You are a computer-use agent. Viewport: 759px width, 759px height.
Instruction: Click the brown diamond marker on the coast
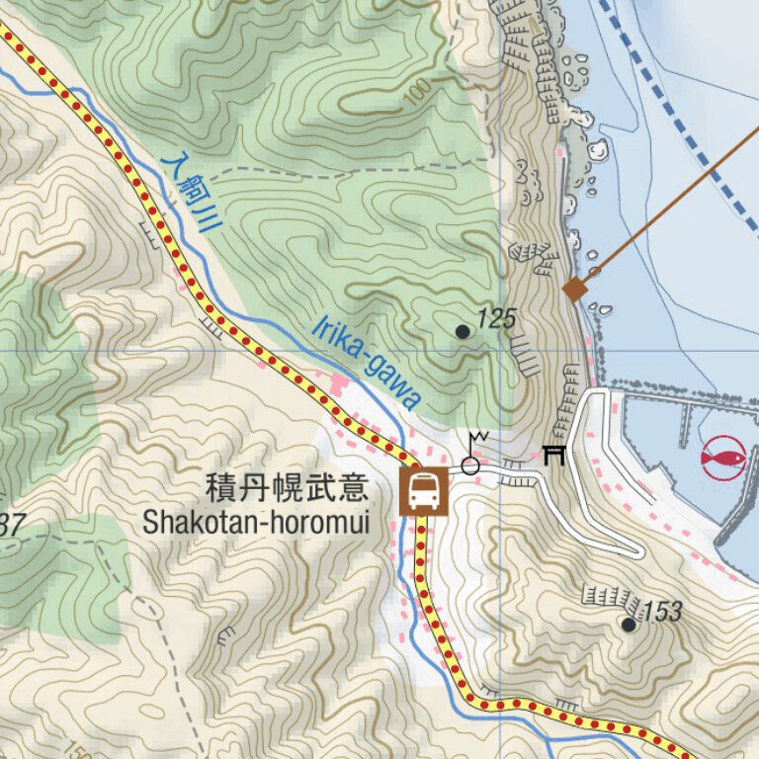point(575,289)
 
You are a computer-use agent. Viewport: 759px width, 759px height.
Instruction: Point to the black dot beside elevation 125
point(463,331)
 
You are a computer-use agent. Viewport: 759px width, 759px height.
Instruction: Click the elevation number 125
point(497,318)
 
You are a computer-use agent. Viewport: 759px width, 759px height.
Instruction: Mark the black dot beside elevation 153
point(629,624)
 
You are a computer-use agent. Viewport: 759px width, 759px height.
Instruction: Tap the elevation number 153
point(662,612)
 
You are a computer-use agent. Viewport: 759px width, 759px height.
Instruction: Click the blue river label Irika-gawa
point(368,363)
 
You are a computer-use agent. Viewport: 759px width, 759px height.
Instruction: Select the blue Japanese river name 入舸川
point(192,193)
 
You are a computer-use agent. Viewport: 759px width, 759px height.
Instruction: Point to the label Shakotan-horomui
point(255,522)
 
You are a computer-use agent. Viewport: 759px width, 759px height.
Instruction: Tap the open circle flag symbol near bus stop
point(471,464)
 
